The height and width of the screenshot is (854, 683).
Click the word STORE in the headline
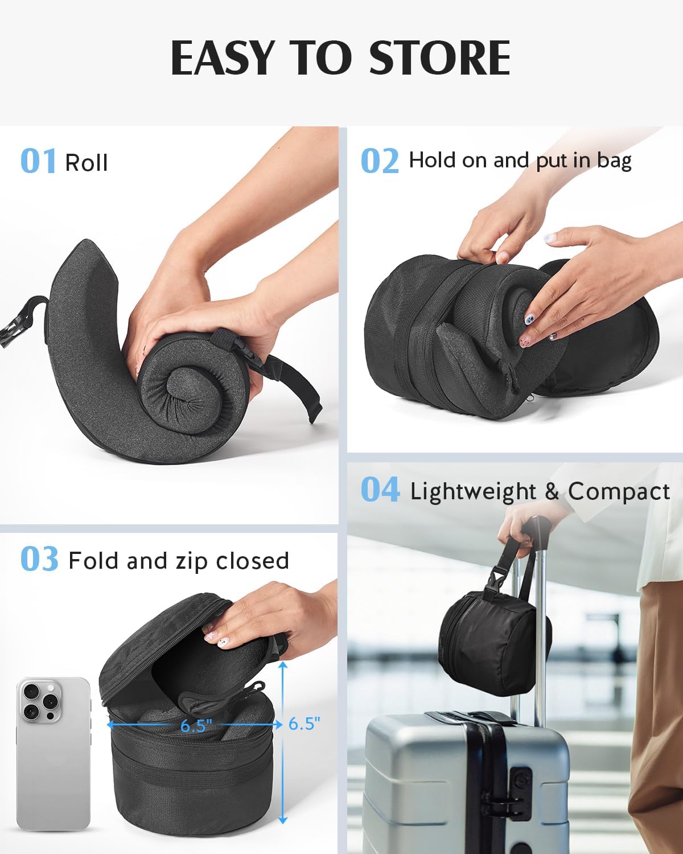(x=439, y=58)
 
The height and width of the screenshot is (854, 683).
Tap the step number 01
(x=38, y=161)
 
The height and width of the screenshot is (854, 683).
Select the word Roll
(x=87, y=163)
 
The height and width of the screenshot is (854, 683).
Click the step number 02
(x=380, y=161)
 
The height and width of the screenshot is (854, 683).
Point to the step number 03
(x=39, y=559)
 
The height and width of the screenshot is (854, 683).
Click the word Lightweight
(x=473, y=491)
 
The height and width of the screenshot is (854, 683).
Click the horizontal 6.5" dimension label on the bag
(x=196, y=726)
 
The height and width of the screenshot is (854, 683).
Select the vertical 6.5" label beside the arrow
(x=304, y=724)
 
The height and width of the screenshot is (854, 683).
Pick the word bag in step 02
(x=614, y=161)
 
